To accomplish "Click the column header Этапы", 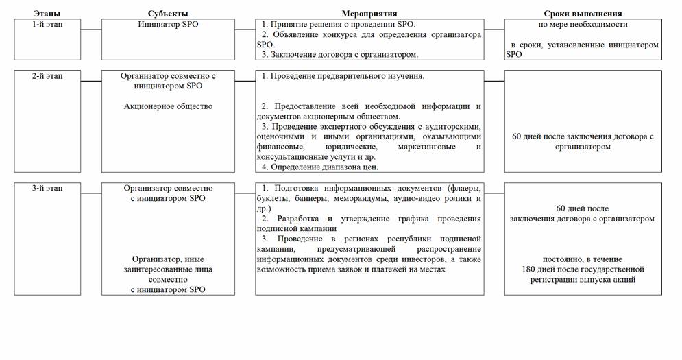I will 47,14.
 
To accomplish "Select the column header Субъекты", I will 168,14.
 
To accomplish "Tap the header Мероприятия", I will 369,14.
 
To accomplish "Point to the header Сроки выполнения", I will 583,14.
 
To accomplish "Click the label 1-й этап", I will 47,24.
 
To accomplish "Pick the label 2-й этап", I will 47,76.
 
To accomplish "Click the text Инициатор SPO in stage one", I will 168,24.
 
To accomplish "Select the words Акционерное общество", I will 168,106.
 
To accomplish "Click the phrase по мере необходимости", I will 583,24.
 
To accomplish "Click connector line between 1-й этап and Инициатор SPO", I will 90,29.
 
